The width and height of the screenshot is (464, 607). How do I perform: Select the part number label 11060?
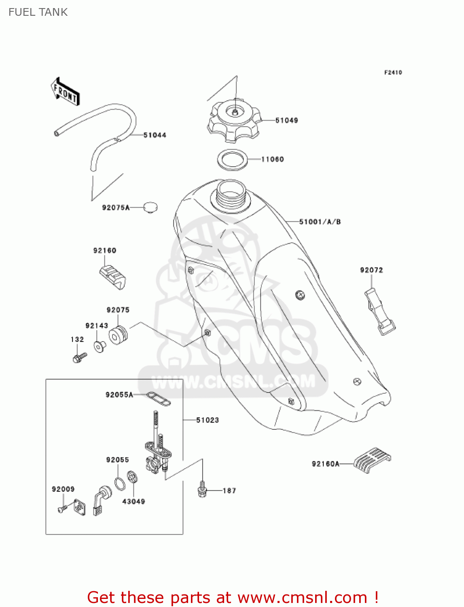tap(272, 159)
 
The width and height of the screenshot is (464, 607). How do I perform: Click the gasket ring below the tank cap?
tap(232, 159)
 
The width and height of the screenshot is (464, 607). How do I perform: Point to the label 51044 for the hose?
tap(155, 135)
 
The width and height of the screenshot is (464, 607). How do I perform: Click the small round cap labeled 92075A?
tap(150, 208)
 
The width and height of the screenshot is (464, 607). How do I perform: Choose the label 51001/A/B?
tap(320, 222)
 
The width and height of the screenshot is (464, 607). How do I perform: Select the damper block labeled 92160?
tap(112, 278)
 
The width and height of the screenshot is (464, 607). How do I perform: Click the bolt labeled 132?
tap(79, 357)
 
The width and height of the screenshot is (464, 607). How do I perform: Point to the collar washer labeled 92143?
tap(100, 346)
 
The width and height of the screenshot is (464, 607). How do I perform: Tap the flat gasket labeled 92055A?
tap(158, 398)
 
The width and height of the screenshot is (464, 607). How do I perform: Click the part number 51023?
tap(208, 420)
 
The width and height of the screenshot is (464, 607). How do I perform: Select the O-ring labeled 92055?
tap(120, 483)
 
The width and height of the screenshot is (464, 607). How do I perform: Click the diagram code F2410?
tap(393, 72)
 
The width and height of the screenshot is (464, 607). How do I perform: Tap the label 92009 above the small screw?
tap(63, 489)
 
